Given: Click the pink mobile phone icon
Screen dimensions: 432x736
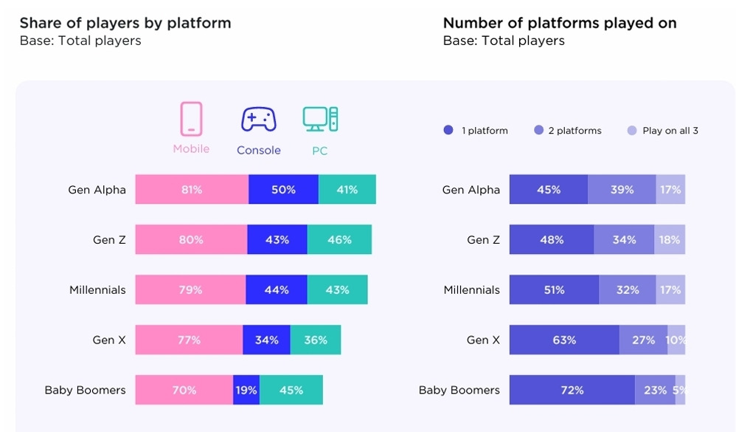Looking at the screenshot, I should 191,119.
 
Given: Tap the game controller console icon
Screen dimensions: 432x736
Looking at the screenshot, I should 259,119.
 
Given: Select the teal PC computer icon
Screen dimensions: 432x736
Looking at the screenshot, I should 320,119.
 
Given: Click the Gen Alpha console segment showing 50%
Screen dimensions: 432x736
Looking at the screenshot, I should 283,190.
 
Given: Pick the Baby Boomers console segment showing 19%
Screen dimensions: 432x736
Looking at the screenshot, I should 246,390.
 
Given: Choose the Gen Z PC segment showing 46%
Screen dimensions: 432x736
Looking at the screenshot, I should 339,240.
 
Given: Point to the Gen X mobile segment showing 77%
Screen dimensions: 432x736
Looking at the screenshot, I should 189,340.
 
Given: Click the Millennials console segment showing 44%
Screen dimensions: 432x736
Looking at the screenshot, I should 276,290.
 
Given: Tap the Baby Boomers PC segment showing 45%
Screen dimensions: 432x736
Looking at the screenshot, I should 291,390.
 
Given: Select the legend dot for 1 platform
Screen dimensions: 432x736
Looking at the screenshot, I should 448,131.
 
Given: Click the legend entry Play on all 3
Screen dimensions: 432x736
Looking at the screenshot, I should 664,131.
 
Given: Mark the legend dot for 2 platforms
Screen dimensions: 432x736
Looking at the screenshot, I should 539,131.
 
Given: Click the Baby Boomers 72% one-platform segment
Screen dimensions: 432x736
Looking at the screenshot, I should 572,390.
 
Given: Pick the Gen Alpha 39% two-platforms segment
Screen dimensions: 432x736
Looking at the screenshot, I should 622,190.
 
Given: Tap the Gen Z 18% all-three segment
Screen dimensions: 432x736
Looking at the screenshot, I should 670,240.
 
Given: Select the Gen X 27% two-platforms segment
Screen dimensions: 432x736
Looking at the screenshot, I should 643,340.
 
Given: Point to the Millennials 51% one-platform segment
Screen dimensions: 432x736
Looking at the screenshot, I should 554,290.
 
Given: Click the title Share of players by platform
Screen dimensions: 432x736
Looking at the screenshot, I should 125,23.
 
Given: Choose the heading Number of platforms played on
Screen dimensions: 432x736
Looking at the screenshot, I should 560,23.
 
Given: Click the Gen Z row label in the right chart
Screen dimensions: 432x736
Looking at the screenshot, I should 483,240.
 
